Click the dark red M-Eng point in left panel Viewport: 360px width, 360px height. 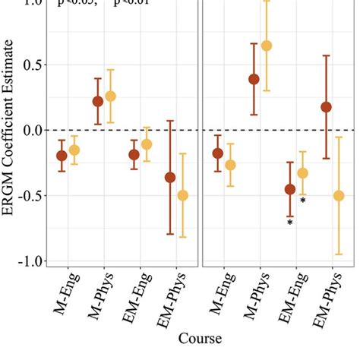[62, 156]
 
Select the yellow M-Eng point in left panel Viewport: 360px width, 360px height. [74, 150]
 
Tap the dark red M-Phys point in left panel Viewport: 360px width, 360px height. [98, 101]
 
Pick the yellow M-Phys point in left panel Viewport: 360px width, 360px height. [111, 96]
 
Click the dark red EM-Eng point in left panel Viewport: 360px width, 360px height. [134, 154]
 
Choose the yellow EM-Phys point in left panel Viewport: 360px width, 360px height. [183, 195]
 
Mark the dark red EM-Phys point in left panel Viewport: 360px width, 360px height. [170, 177]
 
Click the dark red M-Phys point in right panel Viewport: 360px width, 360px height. [254, 79]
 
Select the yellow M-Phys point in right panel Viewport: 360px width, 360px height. [267, 46]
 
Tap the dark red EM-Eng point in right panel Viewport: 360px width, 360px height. [290, 189]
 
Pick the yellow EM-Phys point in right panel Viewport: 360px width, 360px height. [339, 196]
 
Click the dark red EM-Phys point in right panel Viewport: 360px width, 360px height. [327, 107]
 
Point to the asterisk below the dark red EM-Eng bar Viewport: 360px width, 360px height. [290, 223]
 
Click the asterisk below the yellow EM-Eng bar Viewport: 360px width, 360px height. [303, 201]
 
